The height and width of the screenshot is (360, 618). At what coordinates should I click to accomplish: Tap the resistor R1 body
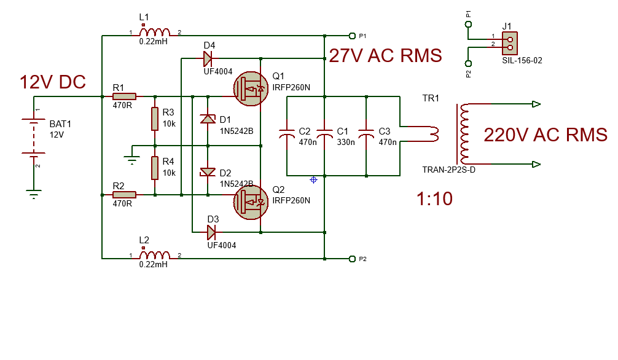point(125,96)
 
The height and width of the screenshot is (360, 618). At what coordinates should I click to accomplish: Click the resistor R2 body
point(125,195)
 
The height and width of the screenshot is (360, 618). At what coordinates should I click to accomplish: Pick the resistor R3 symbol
point(155,119)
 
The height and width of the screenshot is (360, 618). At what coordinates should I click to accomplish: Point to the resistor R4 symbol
point(155,168)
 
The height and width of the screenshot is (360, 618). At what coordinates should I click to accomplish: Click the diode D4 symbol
point(208,59)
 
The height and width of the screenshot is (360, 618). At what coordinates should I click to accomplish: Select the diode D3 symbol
point(211,232)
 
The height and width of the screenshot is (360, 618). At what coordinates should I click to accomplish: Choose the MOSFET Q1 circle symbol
point(251,88)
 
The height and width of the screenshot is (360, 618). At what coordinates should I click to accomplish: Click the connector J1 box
point(508,42)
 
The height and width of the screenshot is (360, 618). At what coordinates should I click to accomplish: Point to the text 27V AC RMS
point(385,56)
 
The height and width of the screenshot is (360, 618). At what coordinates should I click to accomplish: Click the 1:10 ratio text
point(434,199)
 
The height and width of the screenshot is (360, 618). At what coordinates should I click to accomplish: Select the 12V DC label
point(53,82)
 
